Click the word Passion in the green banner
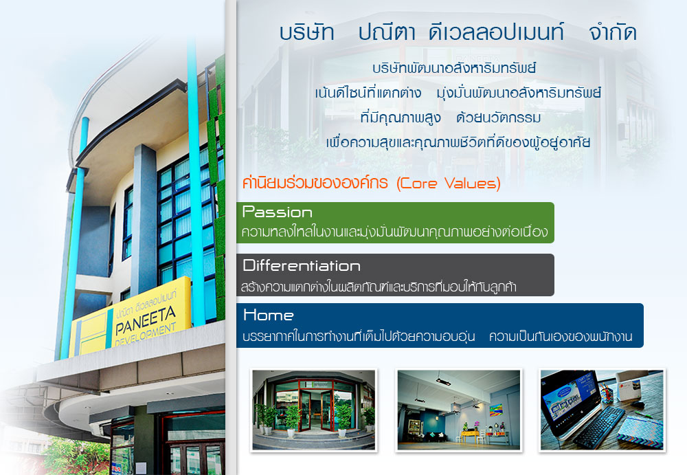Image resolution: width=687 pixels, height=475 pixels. click(278, 212)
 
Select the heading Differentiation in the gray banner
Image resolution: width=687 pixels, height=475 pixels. click(302, 265)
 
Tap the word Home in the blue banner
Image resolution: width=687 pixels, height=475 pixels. click(268, 315)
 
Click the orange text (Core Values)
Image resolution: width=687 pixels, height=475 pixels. click(448, 183)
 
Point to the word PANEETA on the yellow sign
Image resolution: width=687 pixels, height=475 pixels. click(146, 320)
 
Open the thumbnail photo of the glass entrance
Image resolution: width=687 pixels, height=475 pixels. click(314, 410)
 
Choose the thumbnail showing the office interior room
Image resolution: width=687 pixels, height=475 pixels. click(459, 410)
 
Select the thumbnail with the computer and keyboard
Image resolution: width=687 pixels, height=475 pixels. click(602, 410)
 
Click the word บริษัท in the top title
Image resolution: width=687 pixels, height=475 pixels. click(306, 32)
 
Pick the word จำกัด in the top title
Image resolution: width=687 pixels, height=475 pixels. click(613, 32)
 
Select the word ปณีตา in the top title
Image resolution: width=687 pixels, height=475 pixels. click(387, 32)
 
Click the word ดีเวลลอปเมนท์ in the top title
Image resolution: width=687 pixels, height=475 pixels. click(496, 32)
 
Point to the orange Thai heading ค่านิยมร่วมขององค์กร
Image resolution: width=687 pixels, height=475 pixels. click(315, 183)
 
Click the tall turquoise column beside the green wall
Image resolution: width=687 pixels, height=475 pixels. click(196, 184)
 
